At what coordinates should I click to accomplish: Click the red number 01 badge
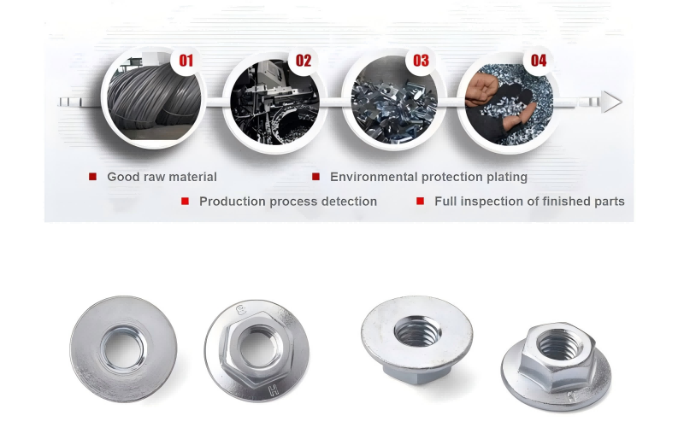[x=186, y=60]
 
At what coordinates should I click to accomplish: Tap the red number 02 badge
[x=304, y=60]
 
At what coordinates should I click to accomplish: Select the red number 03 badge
[x=421, y=60]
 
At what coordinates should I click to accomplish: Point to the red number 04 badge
[x=539, y=60]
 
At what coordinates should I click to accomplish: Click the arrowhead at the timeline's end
[x=611, y=102]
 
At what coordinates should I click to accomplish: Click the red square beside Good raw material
[x=92, y=177]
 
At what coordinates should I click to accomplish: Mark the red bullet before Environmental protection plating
[x=315, y=177]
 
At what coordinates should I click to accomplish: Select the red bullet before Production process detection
[x=185, y=201]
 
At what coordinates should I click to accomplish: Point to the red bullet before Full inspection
[x=420, y=201]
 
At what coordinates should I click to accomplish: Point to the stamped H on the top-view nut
[x=274, y=389]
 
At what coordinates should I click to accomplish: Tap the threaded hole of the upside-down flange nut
[x=417, y=331]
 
